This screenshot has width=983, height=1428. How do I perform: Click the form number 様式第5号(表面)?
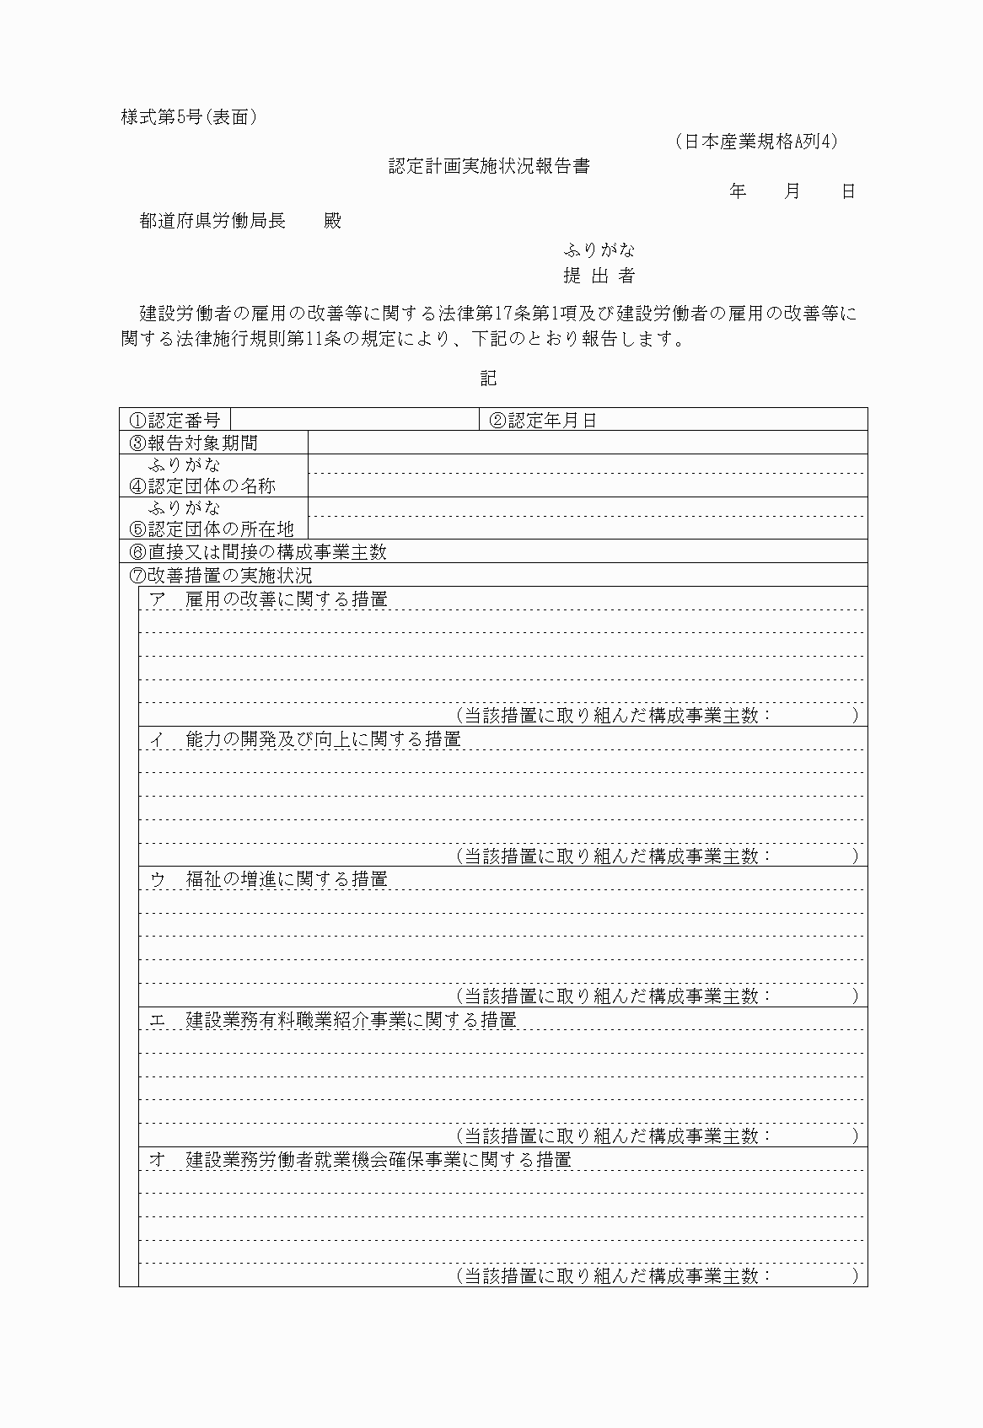189,117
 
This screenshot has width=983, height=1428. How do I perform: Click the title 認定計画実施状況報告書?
489,166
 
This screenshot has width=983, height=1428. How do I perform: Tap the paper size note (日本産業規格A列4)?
756,142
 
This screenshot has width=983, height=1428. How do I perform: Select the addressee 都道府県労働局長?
212,221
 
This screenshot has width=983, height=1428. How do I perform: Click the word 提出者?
599,276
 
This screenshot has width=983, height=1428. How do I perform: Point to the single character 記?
489,378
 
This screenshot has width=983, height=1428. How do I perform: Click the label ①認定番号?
175,420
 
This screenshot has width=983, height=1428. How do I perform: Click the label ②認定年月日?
543,420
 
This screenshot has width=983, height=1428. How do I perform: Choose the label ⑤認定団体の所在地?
212,529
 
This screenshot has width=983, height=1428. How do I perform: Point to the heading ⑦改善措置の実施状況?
221,575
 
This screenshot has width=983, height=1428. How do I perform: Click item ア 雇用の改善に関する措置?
269,599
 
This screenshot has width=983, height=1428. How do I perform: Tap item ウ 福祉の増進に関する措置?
269,879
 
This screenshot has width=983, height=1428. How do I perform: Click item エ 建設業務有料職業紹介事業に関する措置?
333,1019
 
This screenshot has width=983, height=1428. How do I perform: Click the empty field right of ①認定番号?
354,420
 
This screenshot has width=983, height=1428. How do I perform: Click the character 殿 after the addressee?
333,221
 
